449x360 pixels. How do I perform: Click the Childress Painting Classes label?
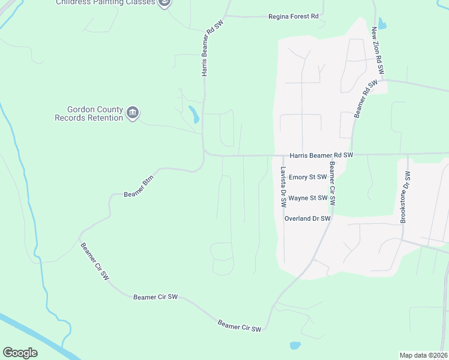click(106, 2)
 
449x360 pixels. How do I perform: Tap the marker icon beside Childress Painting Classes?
click(164, 2)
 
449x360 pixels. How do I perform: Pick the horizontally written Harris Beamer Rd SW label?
click(321, 155)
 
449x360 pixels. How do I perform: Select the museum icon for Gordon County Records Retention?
click(133, 112)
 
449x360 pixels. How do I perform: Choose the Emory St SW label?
click(307, 177)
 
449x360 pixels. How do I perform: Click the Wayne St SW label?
click(307, 197)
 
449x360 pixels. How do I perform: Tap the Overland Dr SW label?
click(307, 218)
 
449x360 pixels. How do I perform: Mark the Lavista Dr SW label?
click(282, 187)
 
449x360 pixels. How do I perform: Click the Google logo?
click(20, 353)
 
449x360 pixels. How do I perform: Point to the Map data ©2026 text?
click(423, 355)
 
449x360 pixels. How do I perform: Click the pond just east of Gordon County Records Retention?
click(193, 114)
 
